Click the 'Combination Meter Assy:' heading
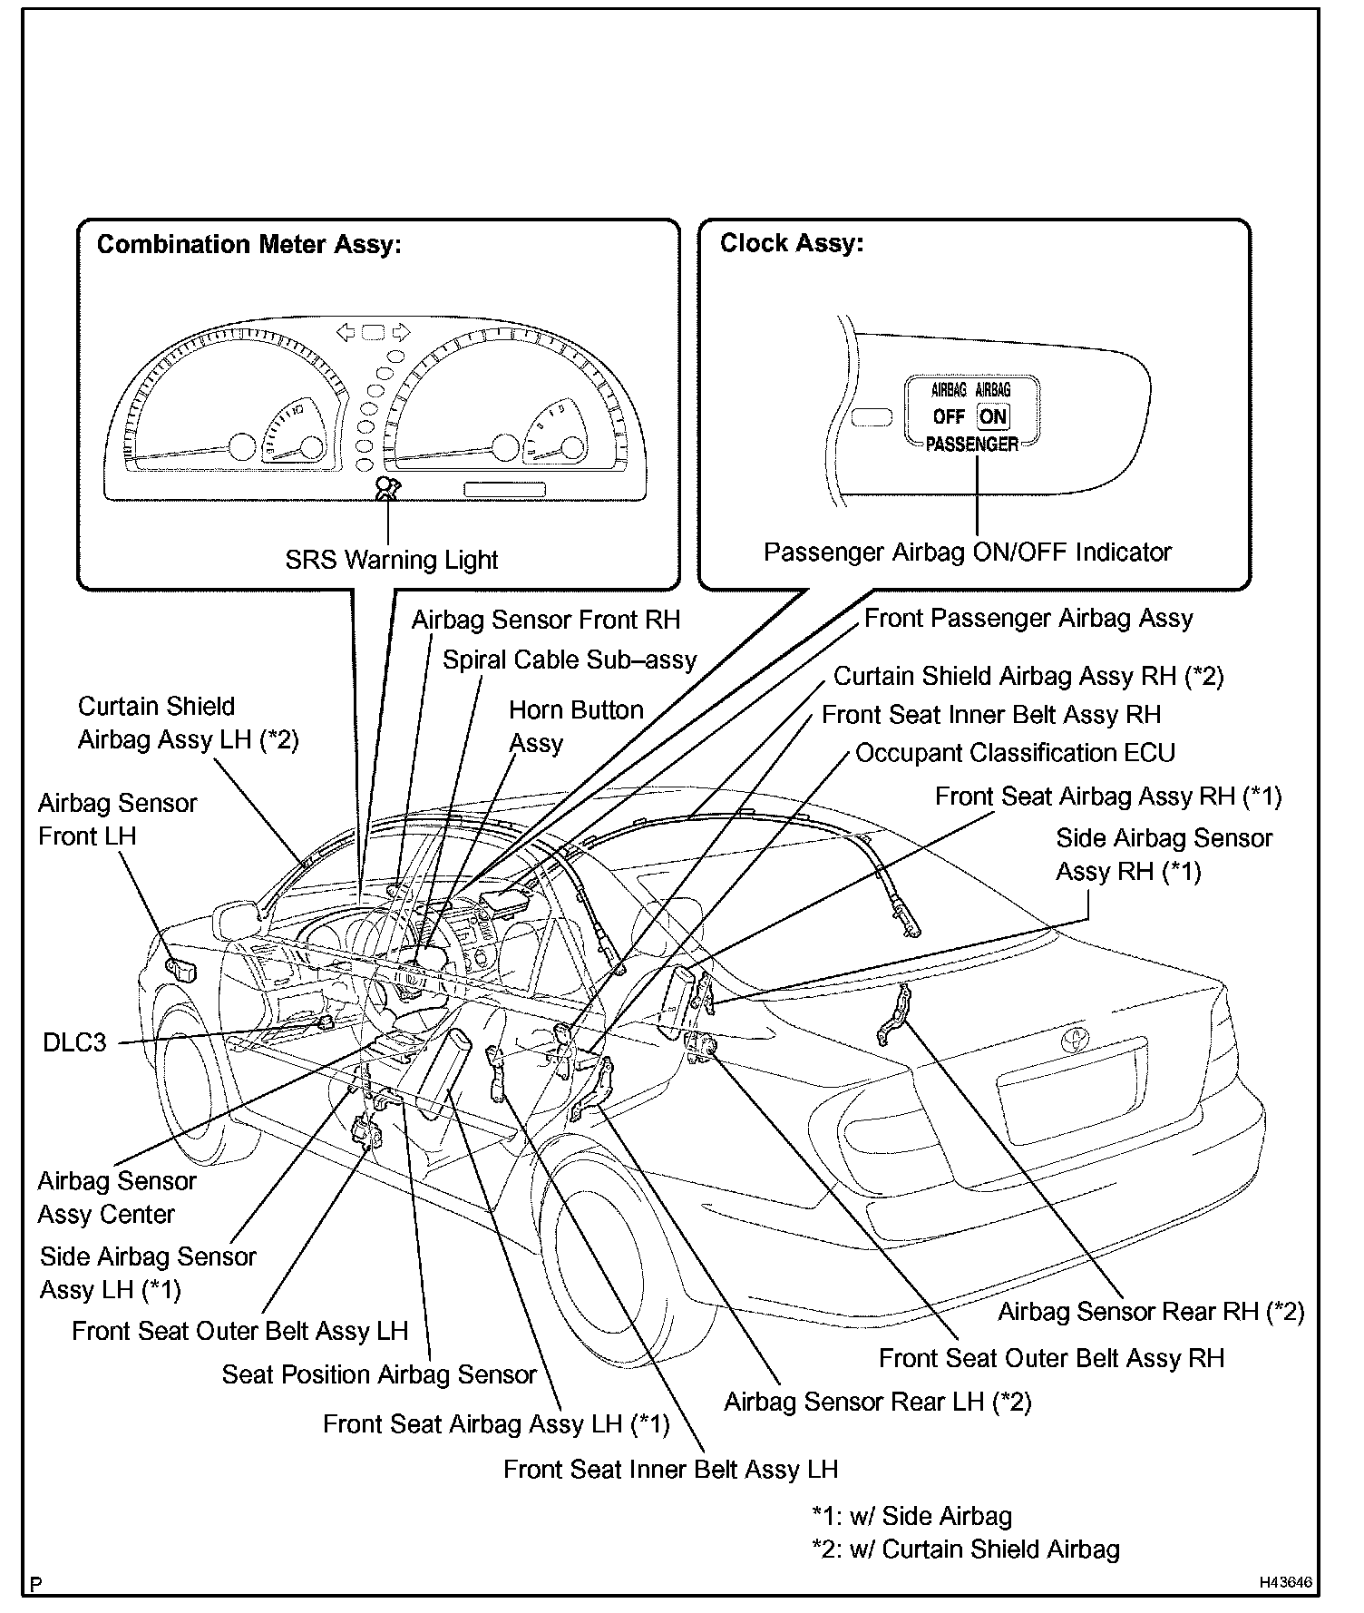(x=248, y=245)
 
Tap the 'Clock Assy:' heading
(x=791, y=243)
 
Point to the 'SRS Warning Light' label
(x=391, y=560)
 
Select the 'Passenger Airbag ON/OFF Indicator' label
(x=967, y=552)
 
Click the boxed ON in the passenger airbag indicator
(x=993, y=416)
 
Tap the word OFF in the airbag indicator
(x=949, y=417)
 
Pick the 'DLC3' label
(x=74, y=1042)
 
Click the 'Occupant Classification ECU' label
(x=1015, y=753)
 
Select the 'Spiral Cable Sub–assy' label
(x=569, y=660)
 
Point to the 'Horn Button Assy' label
(x=575, y=726)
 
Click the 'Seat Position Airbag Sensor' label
(x=379, y=1374)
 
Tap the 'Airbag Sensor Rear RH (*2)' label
(x=1150, y=1312)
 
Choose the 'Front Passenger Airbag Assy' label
(x=1028, y=619)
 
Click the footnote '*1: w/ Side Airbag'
(x=911, y=1517)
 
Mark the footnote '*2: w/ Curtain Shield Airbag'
(x=965, y=1549)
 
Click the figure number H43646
(x=1284, y=1582)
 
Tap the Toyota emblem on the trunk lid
(x=1077, y=1039)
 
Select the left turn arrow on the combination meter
(x=345, y=332)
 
